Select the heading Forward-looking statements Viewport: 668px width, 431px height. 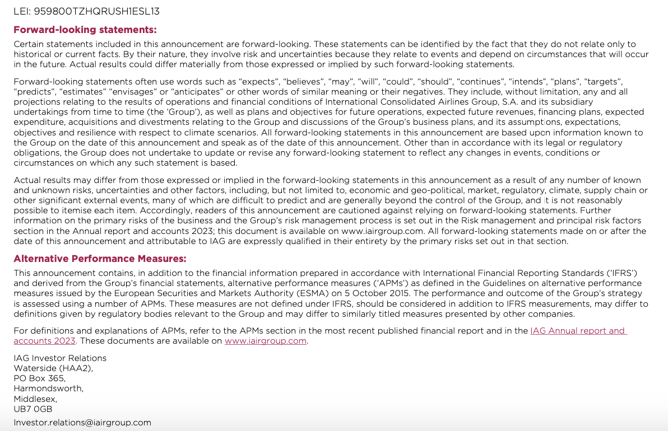[85, 30]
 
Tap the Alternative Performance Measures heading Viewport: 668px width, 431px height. [100, 259]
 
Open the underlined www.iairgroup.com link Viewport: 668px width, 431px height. [266, 341]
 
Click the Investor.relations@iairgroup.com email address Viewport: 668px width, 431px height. [82, 423]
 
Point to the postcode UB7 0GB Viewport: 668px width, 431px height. [33, 409]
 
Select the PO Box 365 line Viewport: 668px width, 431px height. [39, 378]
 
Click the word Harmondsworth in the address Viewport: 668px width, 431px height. [49, 388]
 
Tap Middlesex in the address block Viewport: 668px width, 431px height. [35, 399]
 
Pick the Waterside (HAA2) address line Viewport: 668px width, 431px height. [53, 368]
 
